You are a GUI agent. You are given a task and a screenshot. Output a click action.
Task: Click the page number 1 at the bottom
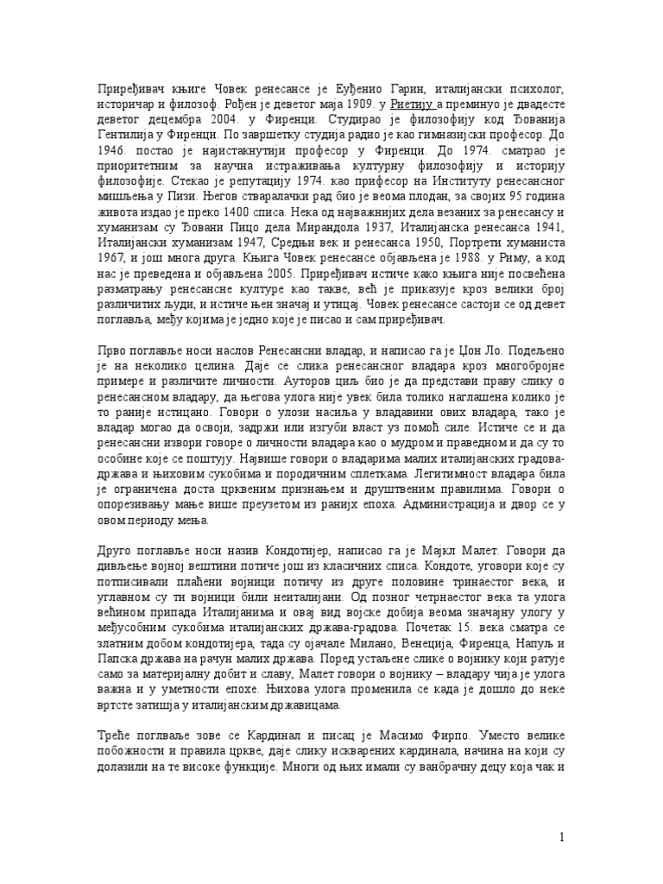coord(562,837)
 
